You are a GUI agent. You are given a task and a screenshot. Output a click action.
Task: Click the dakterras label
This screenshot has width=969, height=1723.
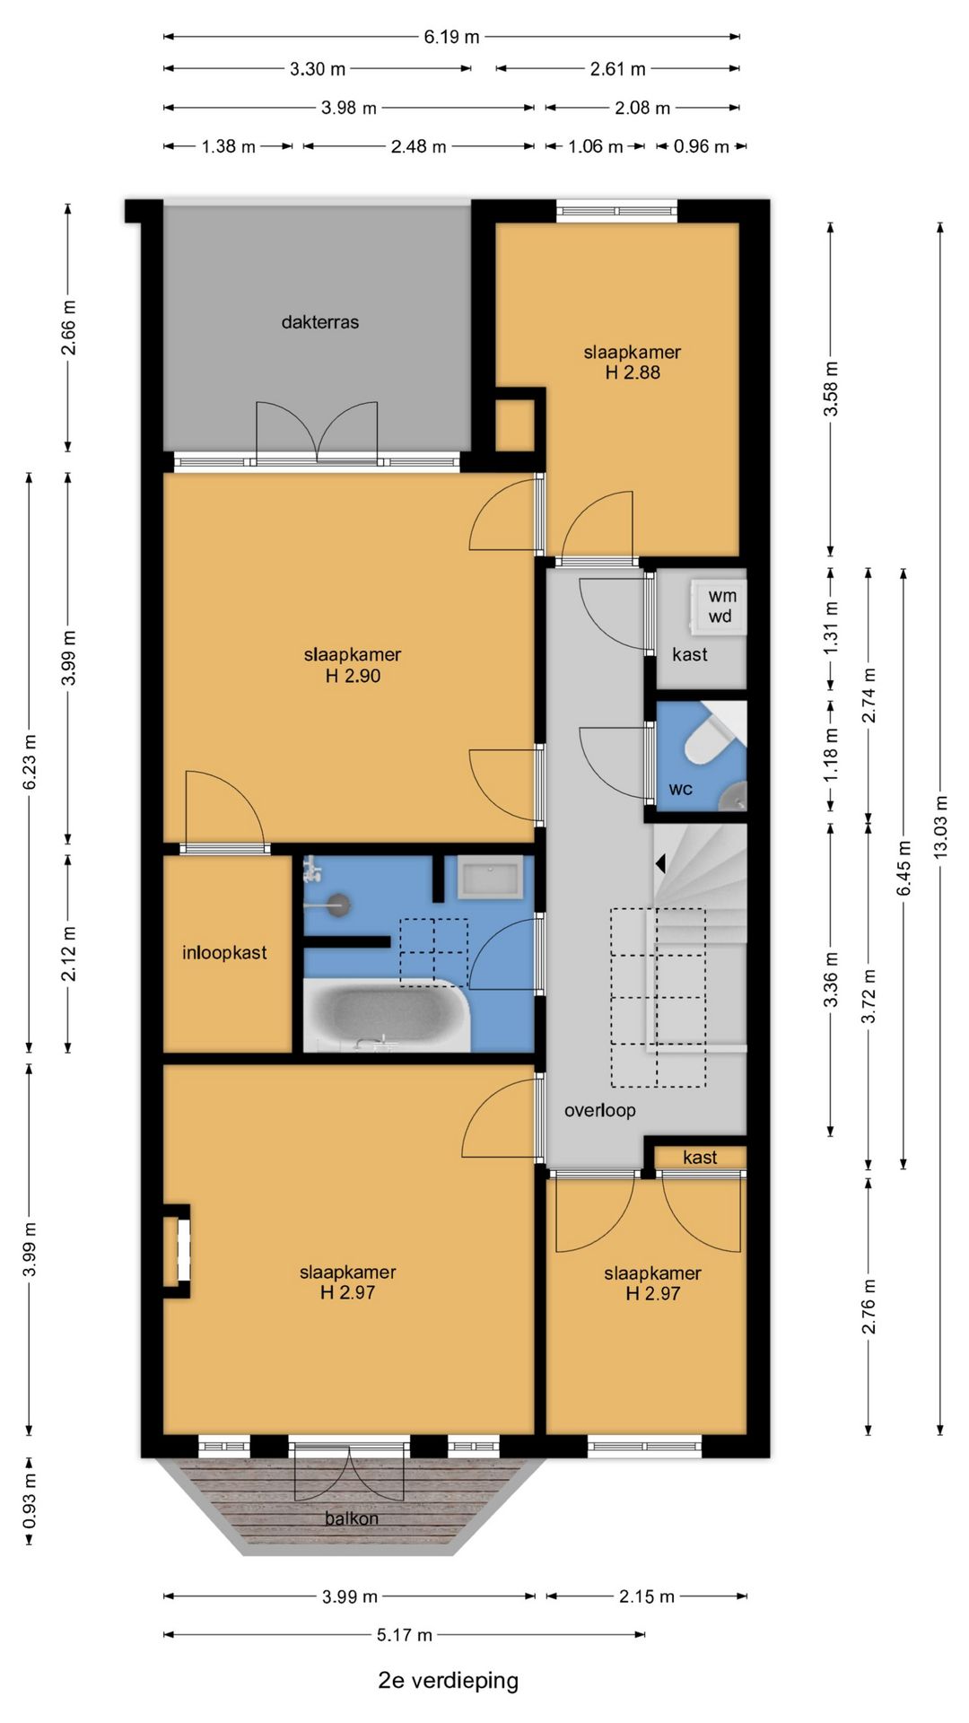point(320,322)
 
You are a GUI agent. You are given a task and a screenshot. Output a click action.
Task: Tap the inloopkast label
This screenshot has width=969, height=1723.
point(224,953)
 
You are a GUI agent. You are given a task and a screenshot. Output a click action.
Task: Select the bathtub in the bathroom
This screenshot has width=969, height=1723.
point(387,1015)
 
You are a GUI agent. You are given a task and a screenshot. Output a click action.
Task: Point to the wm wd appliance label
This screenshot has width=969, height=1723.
point(721,606)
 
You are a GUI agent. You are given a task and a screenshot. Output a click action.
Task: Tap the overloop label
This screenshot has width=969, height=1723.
point(600,1110)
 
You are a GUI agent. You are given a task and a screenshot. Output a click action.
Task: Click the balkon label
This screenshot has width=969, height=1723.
point(352,1518)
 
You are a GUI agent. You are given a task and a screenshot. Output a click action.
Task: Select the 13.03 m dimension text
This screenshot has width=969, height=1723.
point(940,827)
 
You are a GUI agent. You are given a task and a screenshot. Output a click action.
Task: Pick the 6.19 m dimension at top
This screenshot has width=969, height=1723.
point(451,37)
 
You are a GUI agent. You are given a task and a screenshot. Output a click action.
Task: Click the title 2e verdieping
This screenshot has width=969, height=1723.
point(449,1680)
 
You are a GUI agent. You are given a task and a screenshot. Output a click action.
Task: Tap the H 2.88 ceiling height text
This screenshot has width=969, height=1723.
point(633,372)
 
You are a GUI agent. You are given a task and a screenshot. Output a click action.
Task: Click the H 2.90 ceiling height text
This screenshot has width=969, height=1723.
point(353,676)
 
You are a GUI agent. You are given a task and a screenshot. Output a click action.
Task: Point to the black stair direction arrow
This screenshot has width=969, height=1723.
point(659,863)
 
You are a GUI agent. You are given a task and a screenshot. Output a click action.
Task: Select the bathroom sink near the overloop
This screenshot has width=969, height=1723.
point(490,878)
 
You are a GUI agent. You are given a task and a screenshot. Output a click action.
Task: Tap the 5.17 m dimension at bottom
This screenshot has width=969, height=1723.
point(405,1635)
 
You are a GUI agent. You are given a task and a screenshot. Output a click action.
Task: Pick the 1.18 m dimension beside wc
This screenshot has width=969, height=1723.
point(831,754)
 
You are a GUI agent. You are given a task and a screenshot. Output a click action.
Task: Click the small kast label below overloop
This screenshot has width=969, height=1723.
point(700,1158)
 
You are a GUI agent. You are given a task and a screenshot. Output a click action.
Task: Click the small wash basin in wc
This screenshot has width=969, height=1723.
point(735,795)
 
